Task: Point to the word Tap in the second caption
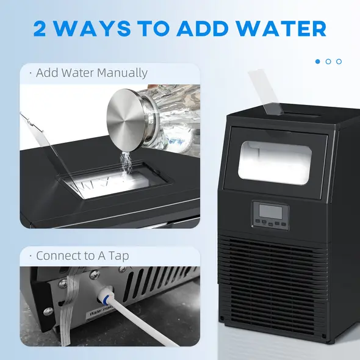point(119,256)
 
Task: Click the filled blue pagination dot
point(318,62)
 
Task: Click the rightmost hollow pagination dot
point(339,62)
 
